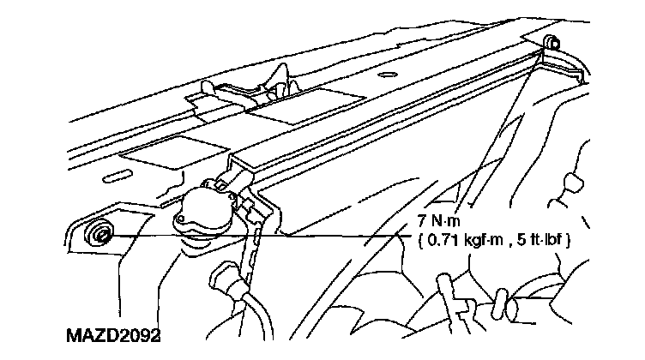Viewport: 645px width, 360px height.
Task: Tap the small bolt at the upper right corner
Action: coord(551,43)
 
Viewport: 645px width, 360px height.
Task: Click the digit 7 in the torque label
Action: coord(422,221)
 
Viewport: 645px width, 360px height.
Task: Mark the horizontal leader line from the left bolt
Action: coord(257,236)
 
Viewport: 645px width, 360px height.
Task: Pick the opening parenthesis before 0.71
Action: coord(421,241)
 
